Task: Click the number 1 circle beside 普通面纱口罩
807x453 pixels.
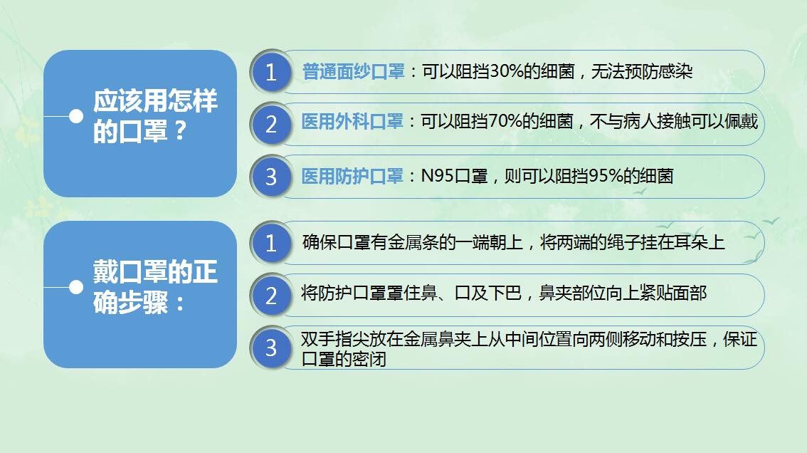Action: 271,72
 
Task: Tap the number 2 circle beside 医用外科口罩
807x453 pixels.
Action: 271,124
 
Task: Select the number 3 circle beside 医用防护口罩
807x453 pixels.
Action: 271,177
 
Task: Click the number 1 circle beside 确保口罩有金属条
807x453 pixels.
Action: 271,243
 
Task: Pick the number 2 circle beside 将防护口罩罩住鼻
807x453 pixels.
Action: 271,296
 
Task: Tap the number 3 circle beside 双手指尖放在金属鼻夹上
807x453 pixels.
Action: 271,348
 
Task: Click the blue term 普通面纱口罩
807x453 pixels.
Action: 353,72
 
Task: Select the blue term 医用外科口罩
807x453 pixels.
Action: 352,122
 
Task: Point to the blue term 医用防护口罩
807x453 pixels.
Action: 352,176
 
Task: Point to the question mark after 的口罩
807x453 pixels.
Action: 180,131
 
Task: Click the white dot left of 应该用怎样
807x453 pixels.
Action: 76,117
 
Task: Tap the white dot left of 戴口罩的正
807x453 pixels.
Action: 76,287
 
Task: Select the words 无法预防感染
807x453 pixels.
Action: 642,72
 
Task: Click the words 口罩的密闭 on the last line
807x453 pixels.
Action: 344,359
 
